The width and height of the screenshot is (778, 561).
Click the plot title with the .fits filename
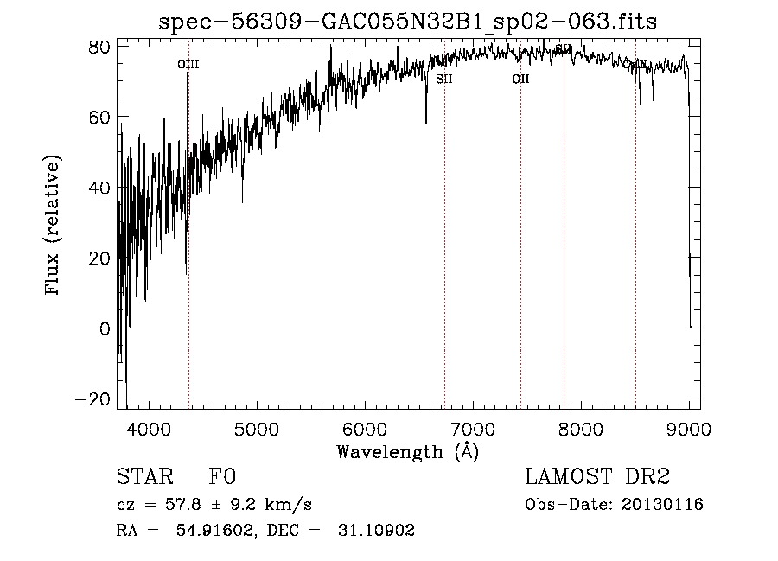coord(407,22)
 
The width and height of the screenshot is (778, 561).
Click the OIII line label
coord(188,64)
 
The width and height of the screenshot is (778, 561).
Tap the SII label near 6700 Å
coord(444,79)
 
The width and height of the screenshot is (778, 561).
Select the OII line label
coord(520,79)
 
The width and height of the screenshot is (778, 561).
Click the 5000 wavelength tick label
coord(257,428)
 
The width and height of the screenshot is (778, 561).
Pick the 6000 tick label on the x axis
coord(365,428)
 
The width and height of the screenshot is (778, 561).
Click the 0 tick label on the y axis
coord(104,328)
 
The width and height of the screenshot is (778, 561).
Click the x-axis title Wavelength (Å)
coord(407,451)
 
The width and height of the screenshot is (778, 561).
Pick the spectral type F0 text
coord(223,477)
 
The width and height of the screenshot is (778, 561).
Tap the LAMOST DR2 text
coord(597,477)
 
